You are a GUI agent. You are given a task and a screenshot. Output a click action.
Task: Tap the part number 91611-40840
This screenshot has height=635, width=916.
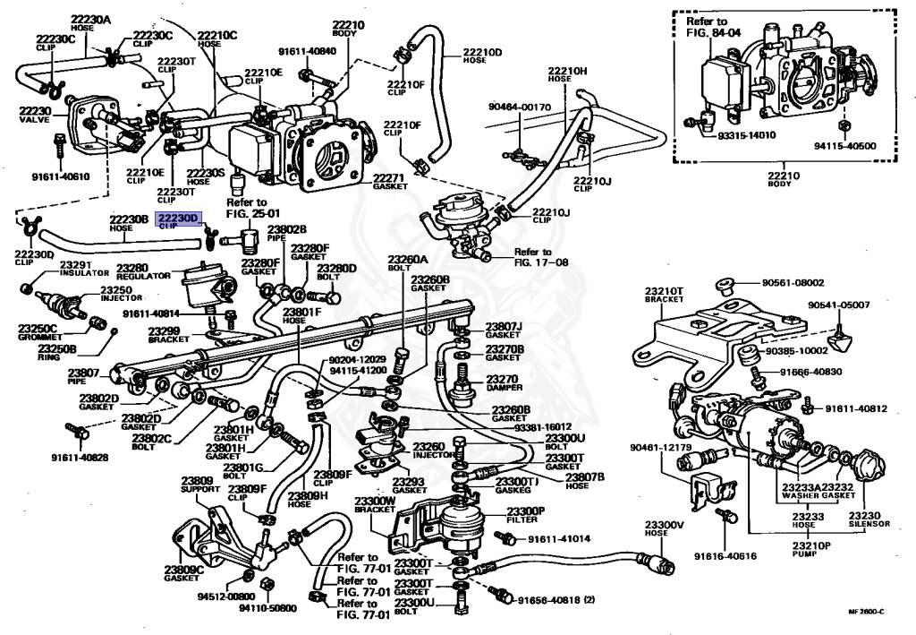coord(307,51)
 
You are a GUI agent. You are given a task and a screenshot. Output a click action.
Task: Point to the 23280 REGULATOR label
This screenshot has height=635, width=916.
coord(143,271)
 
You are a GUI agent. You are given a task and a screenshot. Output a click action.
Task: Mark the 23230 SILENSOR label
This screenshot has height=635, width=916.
coord(865,520)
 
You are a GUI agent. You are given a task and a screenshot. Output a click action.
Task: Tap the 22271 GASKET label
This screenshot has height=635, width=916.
coord(390,183)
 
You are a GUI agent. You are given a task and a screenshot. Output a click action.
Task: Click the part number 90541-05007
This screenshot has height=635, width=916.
coord(838,305)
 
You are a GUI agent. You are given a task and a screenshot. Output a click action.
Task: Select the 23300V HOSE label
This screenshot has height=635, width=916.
coord(664,529)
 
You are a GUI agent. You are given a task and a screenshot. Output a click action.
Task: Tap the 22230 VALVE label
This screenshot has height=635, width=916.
coord(36,116)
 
